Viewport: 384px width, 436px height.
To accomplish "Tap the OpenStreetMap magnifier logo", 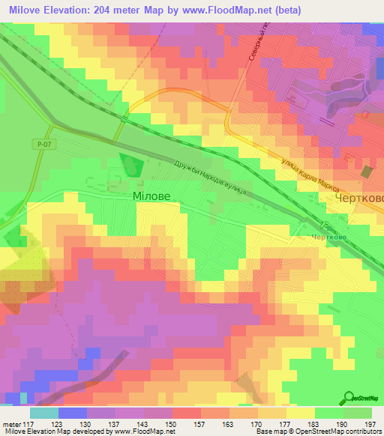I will coord(349,398).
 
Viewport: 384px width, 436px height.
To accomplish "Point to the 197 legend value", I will coord(370,423).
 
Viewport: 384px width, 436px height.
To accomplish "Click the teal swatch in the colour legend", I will coord(43,413).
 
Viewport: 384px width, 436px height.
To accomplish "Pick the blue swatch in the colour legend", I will coord(71,413).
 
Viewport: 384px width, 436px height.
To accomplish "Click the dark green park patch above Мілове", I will coord(132,165).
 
